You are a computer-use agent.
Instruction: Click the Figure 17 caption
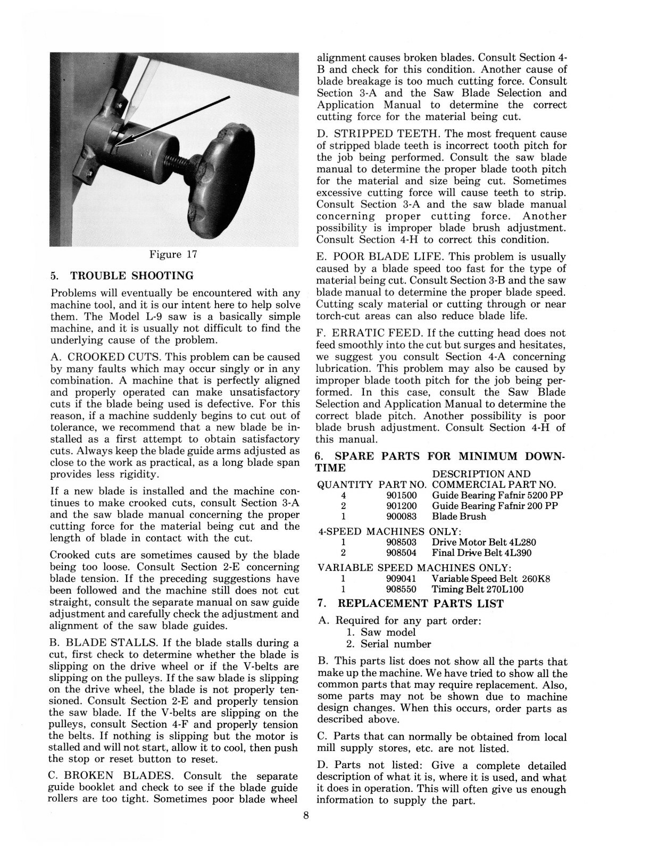click(173, 254)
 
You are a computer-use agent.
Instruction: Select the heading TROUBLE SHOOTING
click(132, 276)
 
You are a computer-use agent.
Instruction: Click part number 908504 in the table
click(401, 553)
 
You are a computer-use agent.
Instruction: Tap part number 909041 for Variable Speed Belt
click(401, 579)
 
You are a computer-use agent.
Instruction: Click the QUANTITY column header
click(345, 485)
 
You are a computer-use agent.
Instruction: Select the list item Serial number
click(396, 644)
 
